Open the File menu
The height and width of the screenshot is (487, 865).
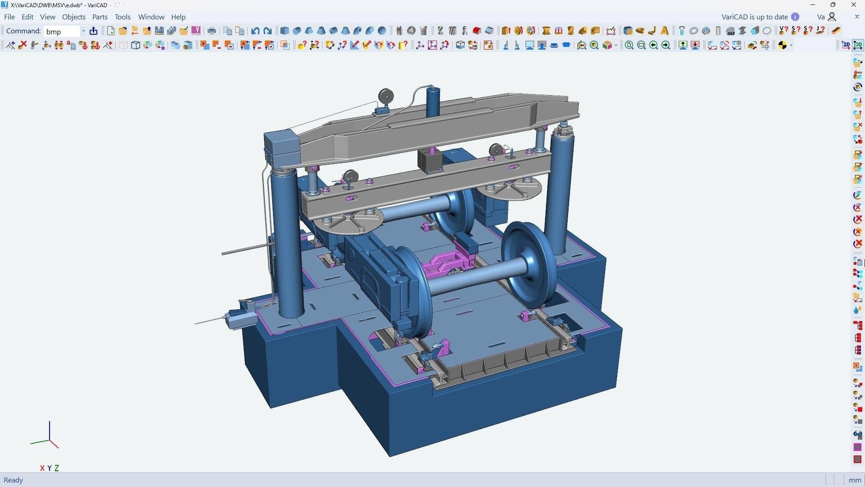point(9,17)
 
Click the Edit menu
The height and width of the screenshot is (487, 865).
point(27,17)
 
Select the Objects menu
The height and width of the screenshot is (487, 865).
point(74,17)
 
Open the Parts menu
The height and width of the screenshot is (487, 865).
point(100,17)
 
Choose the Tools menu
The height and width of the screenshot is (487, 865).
point(123,17)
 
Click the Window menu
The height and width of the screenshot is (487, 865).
point(151,17)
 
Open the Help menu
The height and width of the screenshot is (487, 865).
point(178,17)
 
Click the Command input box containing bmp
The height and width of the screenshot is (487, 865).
point(63,31)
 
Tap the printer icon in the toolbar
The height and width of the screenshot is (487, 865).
point(212,31)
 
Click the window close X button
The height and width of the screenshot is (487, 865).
point(854,5)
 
